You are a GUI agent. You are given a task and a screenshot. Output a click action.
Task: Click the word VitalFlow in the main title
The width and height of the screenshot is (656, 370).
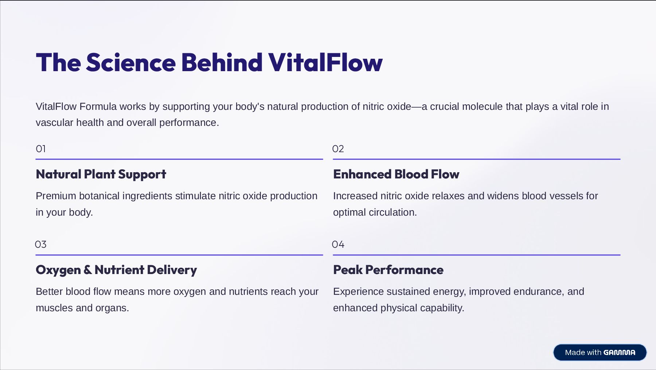coord(325,62)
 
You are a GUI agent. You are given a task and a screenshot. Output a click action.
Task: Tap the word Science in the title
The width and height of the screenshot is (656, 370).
coord(131,62)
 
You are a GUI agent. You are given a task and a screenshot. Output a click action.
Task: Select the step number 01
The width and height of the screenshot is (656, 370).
coord(41,149)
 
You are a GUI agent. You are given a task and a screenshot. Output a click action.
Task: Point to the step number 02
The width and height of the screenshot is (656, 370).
coord(338,149)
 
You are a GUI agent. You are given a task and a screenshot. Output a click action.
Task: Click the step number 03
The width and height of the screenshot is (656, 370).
coord(41,244)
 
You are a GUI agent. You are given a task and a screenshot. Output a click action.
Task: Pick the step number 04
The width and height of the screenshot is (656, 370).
coord(338,244)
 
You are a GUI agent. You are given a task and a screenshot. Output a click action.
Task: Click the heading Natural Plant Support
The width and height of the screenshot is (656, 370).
coord(101,174)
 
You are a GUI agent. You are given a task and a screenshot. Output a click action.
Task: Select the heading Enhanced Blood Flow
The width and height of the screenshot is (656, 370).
coord(396,174)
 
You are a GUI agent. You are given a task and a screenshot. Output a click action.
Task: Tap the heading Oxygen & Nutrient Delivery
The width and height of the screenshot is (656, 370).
coord(116,270)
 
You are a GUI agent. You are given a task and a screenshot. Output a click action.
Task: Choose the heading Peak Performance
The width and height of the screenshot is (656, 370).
coord(388,270)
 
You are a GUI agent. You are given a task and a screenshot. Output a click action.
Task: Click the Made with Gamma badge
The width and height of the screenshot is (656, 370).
coord(600,352)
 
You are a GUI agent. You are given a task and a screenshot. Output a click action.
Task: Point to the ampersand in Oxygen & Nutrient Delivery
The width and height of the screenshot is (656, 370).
coord(87,270)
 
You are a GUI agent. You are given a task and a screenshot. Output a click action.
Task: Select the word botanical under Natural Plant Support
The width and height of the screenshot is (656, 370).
coord(99,196)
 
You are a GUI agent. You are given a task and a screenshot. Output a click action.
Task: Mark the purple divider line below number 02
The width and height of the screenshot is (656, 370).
coord(476,159)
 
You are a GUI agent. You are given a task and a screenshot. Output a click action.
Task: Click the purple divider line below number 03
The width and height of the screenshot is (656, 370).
coord(179,255)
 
